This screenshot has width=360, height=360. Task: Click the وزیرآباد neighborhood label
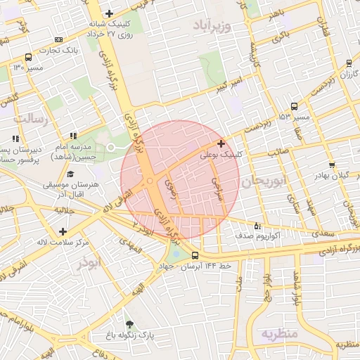pyautogui.click(x=216, y=26)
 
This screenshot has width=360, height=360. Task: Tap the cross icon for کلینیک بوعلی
pyautogui.click(x=222, y=143)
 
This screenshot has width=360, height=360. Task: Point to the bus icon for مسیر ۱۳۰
pyautogui.click(x=27, y=57)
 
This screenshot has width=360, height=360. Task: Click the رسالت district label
pyautogui.click(x=34, y=118)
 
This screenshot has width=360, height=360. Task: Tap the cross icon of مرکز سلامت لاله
pyautogui.click(x=63, y=231)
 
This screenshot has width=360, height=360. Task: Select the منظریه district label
pyautogui.click(x=280, y=333)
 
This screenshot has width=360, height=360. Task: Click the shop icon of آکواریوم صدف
pyautogui.click(x=257, y=226)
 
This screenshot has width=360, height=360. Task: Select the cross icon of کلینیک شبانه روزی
pyautogui.click(x=108, y=13)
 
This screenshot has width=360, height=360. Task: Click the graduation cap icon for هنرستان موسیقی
pyautogui.click(x=70, y=174)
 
